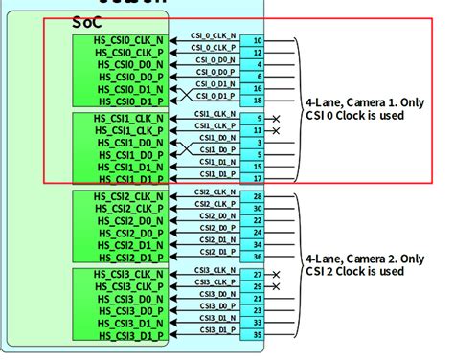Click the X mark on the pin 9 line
(276, 118)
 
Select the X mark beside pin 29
(276, 286)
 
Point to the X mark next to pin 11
(276, 129)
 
